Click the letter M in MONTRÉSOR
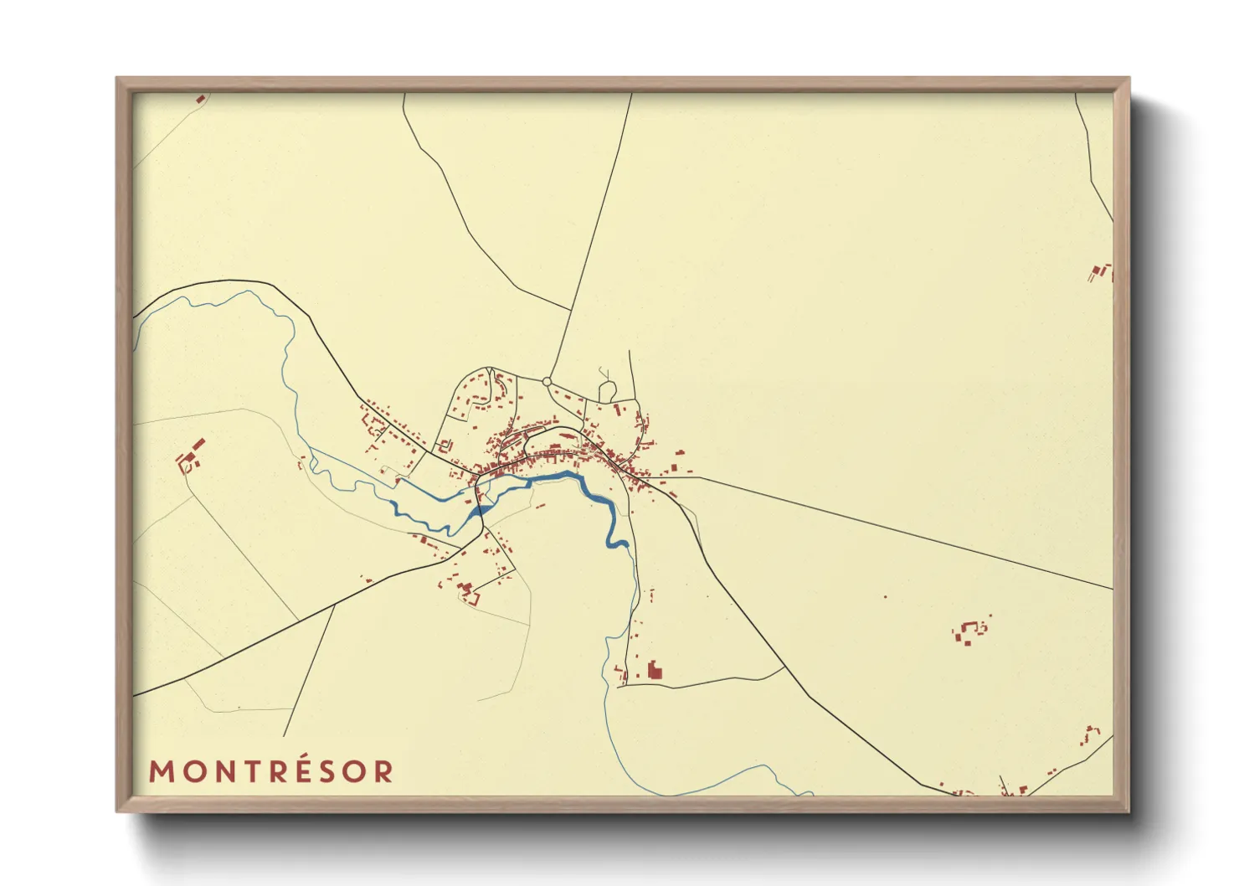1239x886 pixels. tap(162, 771)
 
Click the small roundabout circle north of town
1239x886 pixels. tap(547, 382)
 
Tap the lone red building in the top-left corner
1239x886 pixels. tap(200, 99)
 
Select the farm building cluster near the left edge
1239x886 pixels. tap(190, 456)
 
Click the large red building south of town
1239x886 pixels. tap(655, 670)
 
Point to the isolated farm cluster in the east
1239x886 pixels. tap(969, 631)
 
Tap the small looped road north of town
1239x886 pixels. tap(607, 389)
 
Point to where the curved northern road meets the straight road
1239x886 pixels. tap(572, 311)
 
